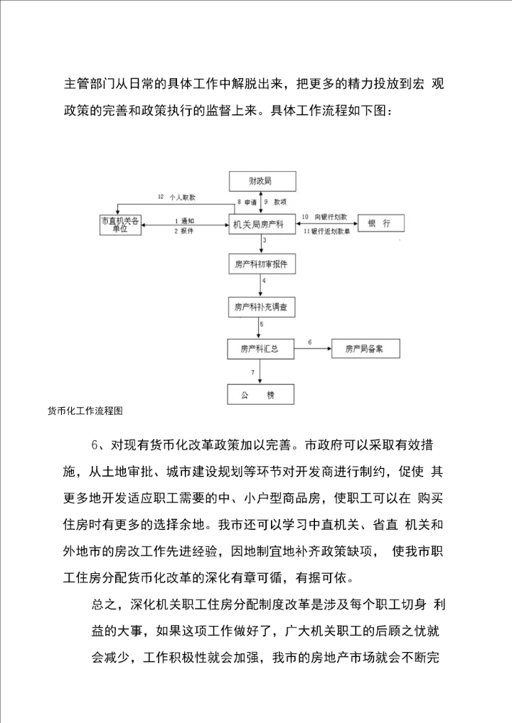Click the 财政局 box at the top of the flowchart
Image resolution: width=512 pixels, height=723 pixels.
pos(260,182)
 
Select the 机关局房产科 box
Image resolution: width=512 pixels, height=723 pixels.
pos(260,224)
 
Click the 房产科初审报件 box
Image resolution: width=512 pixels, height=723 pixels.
pos(260,265)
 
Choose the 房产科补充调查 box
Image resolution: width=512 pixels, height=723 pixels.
pos(260,308)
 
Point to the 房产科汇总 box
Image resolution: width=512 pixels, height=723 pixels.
pos(260,349)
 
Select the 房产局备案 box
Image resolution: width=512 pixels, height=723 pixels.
pos(365,349)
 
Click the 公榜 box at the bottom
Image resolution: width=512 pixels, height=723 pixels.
pos(260,393)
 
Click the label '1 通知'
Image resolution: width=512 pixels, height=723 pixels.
pos(183,220)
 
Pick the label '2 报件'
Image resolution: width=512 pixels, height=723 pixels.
pos(183,231)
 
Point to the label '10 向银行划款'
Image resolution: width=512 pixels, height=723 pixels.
pos(326,215)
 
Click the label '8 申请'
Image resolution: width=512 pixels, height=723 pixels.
pos(247,202)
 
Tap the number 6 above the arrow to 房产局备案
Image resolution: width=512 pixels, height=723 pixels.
pos(309,342)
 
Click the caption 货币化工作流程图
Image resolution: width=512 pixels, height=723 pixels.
pos(85,411)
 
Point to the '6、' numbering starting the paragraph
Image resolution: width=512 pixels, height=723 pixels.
pos(98,446)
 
